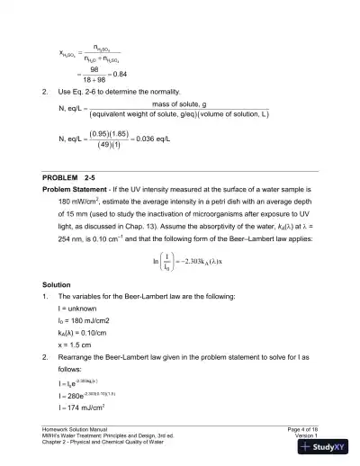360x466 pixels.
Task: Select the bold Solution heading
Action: tap(58, 283)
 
